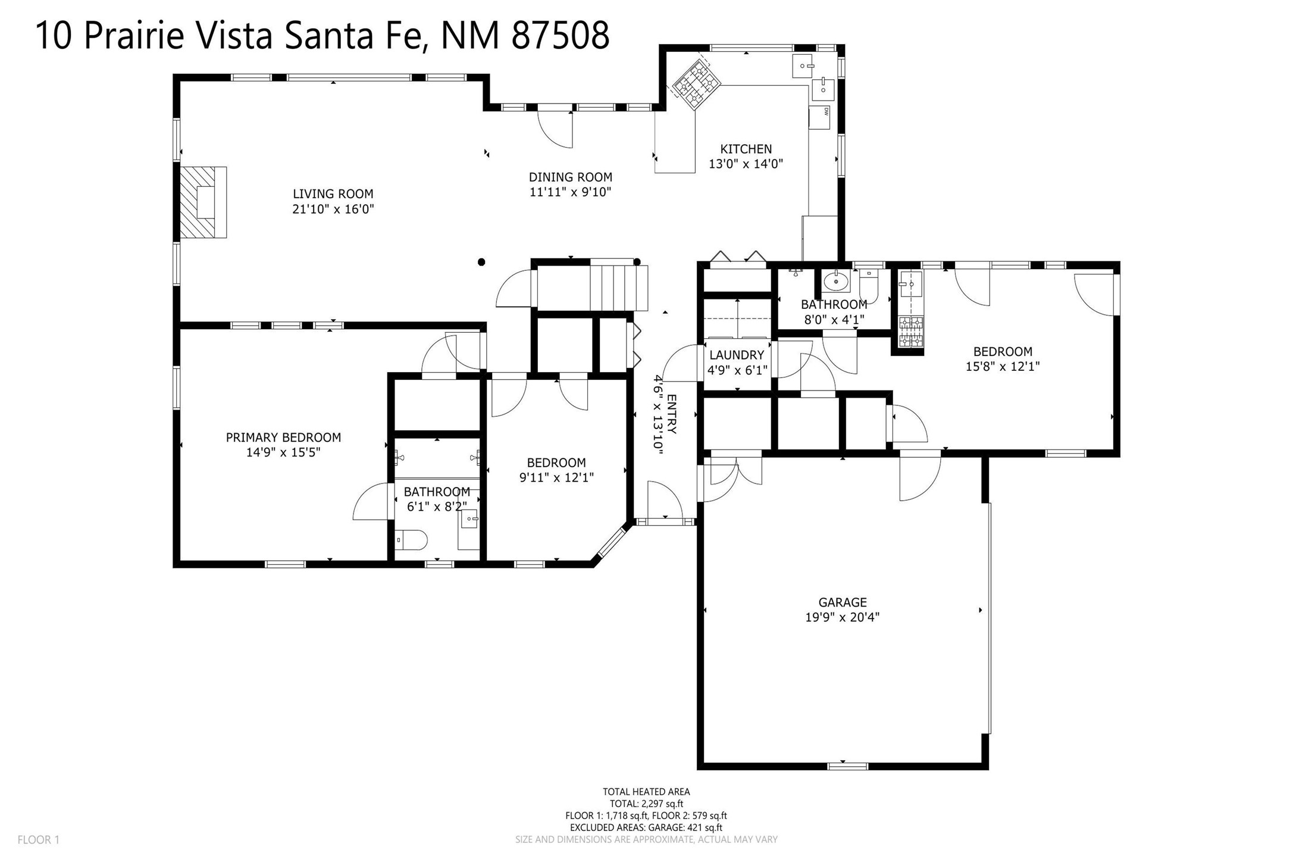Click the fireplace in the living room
(204, 202)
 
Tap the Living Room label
(333, 193)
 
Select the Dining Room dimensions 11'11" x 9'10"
(571, 192)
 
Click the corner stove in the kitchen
(697, 86)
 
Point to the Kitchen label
(746, 149)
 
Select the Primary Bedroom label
(283, 438)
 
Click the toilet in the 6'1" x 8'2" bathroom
(411, 540)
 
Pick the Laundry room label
(737, 355)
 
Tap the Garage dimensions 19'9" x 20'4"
(843, 617)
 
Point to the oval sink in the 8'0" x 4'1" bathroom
(836, 281)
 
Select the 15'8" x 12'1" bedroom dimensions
(1003, 367)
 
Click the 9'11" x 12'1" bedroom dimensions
(556, 477)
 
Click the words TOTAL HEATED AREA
(646, 792)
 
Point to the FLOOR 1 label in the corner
(39, 840)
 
